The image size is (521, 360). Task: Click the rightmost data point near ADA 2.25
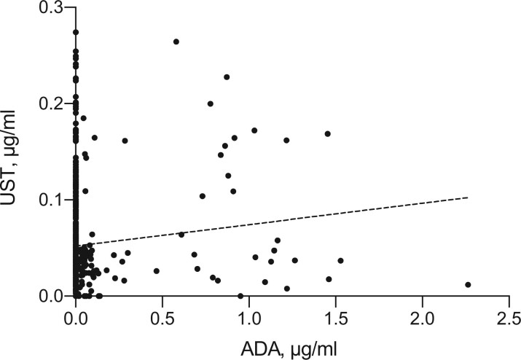coord(468,285)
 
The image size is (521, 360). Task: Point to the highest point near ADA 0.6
coord(176,42)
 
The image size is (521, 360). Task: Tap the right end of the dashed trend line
coord(467,197)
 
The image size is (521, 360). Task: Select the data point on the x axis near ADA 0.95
coord(240,296)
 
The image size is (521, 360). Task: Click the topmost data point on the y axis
coord(75,32)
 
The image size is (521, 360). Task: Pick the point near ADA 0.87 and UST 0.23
coord(227,77)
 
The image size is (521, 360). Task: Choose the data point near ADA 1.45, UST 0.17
coord(328,134)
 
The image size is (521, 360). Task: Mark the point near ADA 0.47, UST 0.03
coord(157,271)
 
